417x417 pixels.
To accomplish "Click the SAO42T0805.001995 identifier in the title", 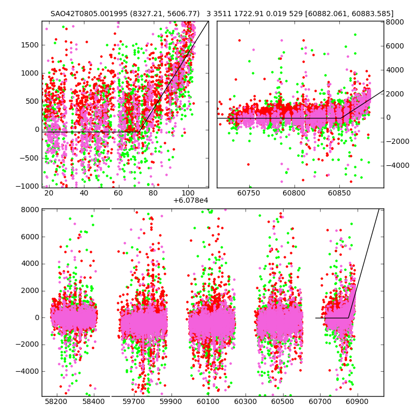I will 87,14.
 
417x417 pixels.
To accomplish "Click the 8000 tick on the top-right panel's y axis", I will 395,22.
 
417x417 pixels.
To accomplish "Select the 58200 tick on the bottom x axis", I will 56,402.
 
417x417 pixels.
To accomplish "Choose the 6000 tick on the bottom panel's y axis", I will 30,237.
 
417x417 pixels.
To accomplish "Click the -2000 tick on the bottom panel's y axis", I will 28,345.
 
